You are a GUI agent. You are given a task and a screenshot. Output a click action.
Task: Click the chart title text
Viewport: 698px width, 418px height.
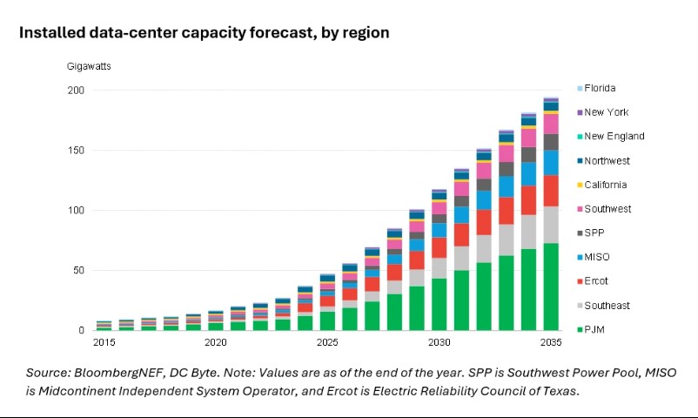pos(205,32)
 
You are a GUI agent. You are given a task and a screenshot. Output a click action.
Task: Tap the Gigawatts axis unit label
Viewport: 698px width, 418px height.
pos(89,66)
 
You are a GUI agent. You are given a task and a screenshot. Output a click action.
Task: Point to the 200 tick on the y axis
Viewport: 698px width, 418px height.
pos(76,91)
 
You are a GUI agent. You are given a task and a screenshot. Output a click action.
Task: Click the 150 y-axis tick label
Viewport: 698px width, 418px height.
pos(76,150)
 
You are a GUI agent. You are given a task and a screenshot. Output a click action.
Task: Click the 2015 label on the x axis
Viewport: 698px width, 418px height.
pos(104,342)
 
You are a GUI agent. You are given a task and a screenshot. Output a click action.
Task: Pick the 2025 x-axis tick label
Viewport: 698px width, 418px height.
pos(327,342)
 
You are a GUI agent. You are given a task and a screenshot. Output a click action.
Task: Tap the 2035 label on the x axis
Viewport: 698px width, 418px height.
pos(551,342)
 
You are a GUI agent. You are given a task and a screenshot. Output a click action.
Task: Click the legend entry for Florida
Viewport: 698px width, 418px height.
pos(596,88)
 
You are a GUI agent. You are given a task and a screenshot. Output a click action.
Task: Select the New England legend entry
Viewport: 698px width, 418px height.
pos(611,137)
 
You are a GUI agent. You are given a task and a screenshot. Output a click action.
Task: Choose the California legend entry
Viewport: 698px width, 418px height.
pos(602,185)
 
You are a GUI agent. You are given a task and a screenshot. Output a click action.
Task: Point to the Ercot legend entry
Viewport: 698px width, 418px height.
pos(593,281)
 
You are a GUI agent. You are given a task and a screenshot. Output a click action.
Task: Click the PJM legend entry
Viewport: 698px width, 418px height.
pos(591,330)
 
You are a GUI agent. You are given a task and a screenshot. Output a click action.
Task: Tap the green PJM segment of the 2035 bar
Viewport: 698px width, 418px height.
pos(551,287)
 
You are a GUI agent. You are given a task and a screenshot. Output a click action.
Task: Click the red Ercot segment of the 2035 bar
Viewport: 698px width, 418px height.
pos(551,191)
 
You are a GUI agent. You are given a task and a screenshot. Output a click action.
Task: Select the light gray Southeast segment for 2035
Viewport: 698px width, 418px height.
pos(551,225)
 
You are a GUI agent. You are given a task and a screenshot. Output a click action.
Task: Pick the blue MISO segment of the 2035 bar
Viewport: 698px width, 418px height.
pos(551,163)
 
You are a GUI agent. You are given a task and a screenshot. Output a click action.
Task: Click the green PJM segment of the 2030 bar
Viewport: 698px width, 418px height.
pos(440,305)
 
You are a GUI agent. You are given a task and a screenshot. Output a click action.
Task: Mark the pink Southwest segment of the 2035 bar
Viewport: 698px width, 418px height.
pos(551,125)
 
